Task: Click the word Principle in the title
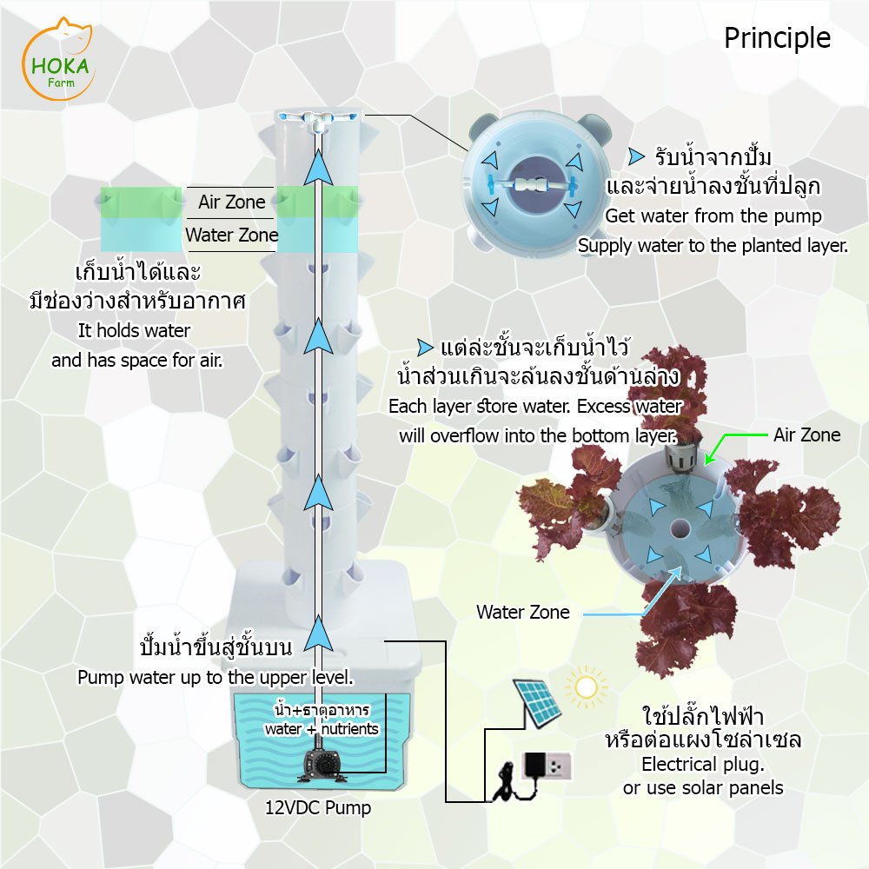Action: [777, 38]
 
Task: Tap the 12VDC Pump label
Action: [318, 808]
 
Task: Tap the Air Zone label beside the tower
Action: [231, 202]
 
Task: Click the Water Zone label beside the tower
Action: [231, 235]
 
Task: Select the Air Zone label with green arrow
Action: [806, 434]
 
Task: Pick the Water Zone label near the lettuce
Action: [522, 612]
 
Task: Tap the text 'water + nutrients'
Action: [322, 729]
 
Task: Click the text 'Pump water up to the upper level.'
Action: [216, 677]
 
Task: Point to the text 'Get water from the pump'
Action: [713, 216]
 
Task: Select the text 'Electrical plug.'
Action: [702, 766]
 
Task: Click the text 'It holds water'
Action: [134, 330]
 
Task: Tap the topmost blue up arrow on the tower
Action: [322, 165]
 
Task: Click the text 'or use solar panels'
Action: [702, 788]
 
